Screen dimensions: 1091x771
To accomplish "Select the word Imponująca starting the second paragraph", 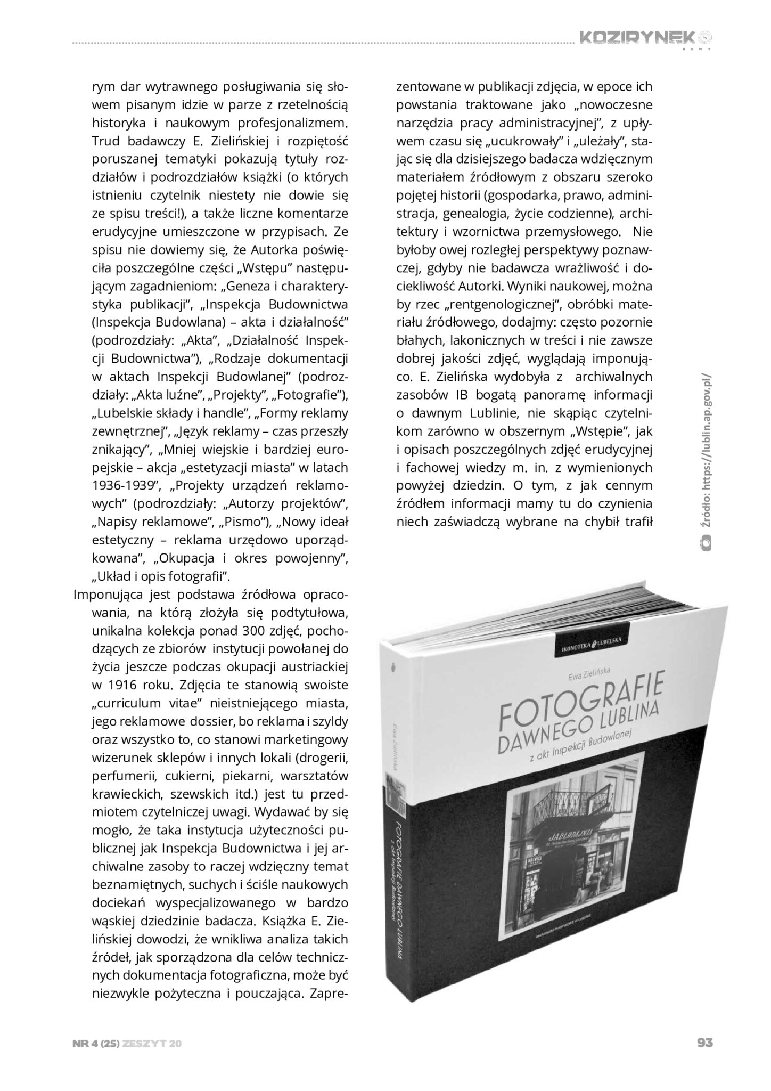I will [109, 593].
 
